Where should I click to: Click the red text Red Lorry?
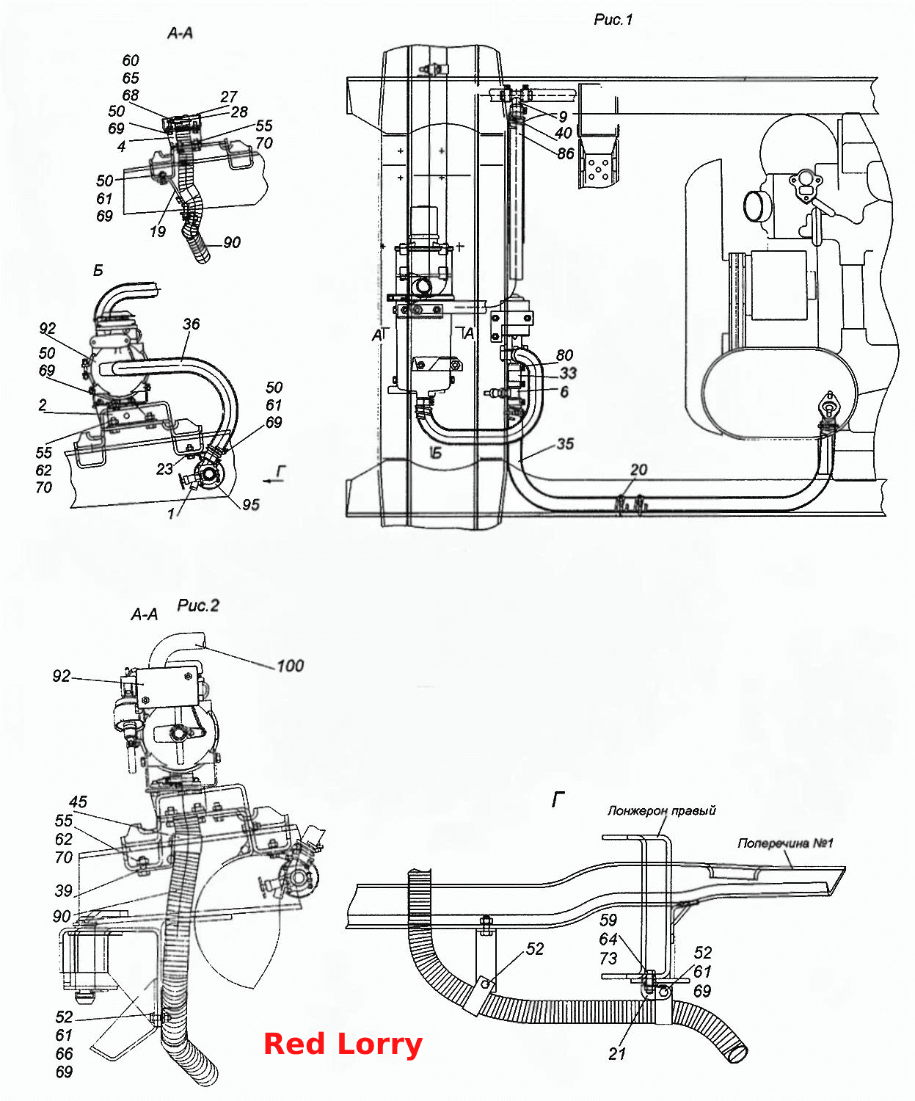tap(343, 1044)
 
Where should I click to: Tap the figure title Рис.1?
tap(613, 20)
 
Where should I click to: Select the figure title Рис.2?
tap(197, 606)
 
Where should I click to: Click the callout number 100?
tap(291, 666)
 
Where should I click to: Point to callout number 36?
tap(192, 324)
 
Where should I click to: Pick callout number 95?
tap(251, 505)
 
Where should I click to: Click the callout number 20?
tap(639, 469)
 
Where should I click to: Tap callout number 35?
tap(565, 443)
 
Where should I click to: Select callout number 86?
tap(566, 153)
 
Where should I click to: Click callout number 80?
tap(564, 355)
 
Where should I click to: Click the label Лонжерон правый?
tap(661, 810)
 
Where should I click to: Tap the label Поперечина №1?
tap(785, 843)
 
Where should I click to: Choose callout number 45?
tap(78, 802)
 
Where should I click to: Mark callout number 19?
tap(158, 231)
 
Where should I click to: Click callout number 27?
tap(229, 96)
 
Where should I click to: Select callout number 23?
tap(164, 469)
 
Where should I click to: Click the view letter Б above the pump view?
tap(98, 271)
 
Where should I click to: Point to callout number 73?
tap(608, 958)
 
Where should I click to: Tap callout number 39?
tap(64, 890)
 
